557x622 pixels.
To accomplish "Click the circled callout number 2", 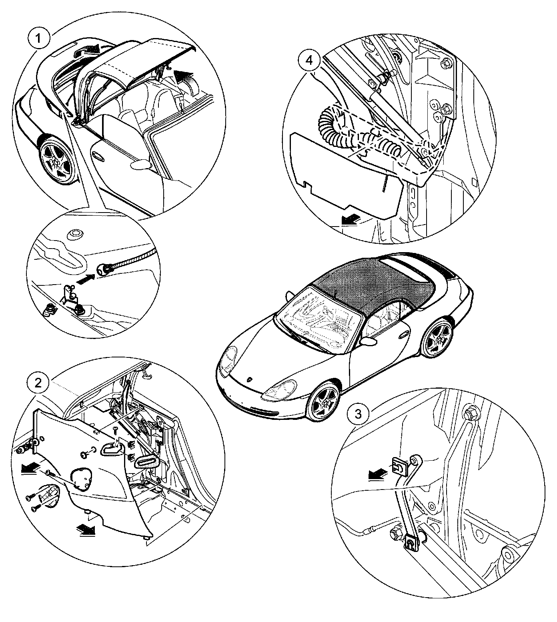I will [38, 383].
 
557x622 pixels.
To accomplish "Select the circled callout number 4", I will [309, 60].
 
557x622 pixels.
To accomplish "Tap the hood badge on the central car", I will [250, 379].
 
